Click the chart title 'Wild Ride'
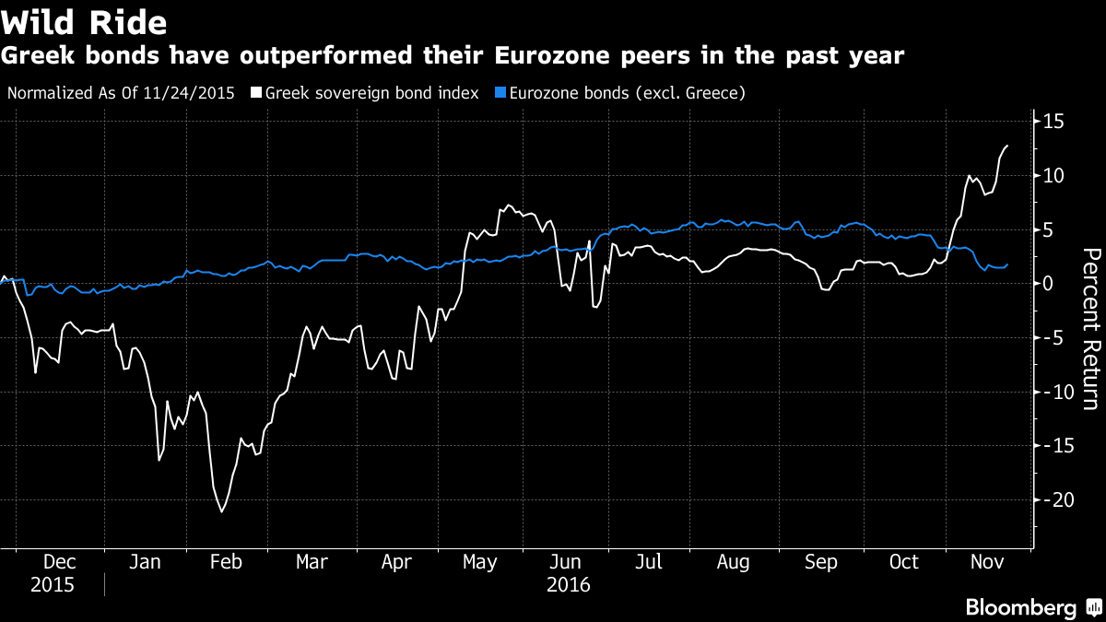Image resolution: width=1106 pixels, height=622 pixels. click(x=86, y=20)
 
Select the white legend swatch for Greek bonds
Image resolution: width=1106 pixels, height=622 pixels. click(x=257, y=93)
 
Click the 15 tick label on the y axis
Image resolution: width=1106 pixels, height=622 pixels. click(x=1054, y=122)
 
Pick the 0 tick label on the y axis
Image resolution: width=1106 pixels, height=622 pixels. click(x=1049, y=283)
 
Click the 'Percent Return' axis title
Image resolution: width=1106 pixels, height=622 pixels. click(x=1091, y=329)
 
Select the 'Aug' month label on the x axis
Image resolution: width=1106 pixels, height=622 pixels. click(x=733, y=562)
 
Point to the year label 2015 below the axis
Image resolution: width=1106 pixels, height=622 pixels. click(x=52, y=585)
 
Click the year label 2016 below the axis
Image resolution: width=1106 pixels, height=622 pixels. click(x=568, y=585)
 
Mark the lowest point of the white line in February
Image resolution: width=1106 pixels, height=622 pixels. click(x=221, y=511)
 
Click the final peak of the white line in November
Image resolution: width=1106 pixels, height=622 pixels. click(x=1007, y=146)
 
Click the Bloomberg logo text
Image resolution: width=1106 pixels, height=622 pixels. click(x=1020, y=607)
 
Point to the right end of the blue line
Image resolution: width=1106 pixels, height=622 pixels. click(x=1007, y=264)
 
